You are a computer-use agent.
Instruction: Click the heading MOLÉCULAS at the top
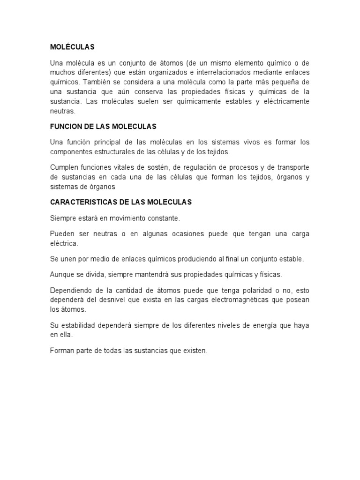(x=72, y=47)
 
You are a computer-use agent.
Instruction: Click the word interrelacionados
(x=232, y=72)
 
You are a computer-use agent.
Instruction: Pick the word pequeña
(x=281, y=82)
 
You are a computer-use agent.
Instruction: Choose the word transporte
(x=292, y=167)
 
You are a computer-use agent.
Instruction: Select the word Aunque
(x=61, y=274)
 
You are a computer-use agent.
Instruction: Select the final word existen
(x=195, y=350)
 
